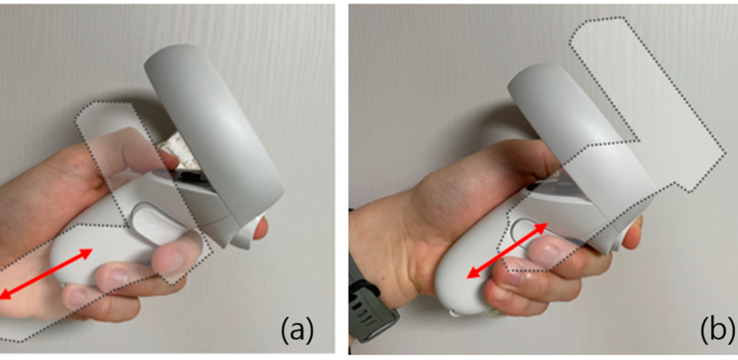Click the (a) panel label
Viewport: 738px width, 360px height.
[297, 330]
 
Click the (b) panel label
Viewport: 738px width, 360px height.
[717, 330]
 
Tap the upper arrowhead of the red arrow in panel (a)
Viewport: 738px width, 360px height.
[86, 254]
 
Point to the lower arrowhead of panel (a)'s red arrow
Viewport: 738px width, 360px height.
[5, 295]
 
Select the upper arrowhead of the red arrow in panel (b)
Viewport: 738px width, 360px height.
[541, 228]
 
